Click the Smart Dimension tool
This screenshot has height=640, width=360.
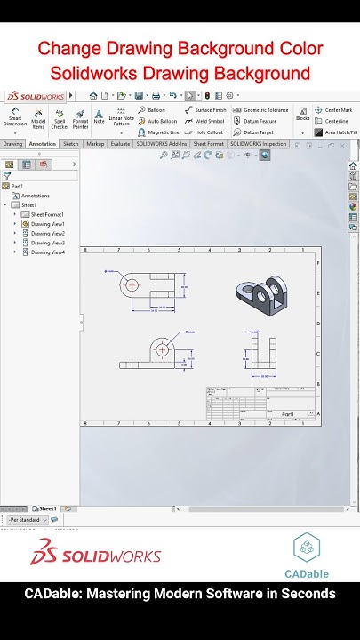[x=15, y=119]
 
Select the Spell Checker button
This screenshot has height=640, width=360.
[x=60, y=119]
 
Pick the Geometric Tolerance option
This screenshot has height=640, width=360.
[x=261, y=110]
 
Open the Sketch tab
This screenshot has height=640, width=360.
[x=70, y=143]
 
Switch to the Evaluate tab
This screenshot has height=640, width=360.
[x=120, y=143]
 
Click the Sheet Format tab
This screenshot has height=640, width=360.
[x=209, y=143]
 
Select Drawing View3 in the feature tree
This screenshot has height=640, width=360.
[x=47, y=243]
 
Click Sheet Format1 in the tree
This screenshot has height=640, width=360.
[x=47, y=214]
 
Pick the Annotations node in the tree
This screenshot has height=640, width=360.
[x=35, y=196]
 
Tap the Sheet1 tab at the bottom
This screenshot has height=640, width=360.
[x=46, y=508]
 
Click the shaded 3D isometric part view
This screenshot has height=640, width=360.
[x=263, y=293]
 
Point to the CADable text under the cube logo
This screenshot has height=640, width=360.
[x=307, y=573]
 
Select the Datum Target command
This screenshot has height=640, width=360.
[x=258, y=132]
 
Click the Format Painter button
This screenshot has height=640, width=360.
[x=80, y=119]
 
